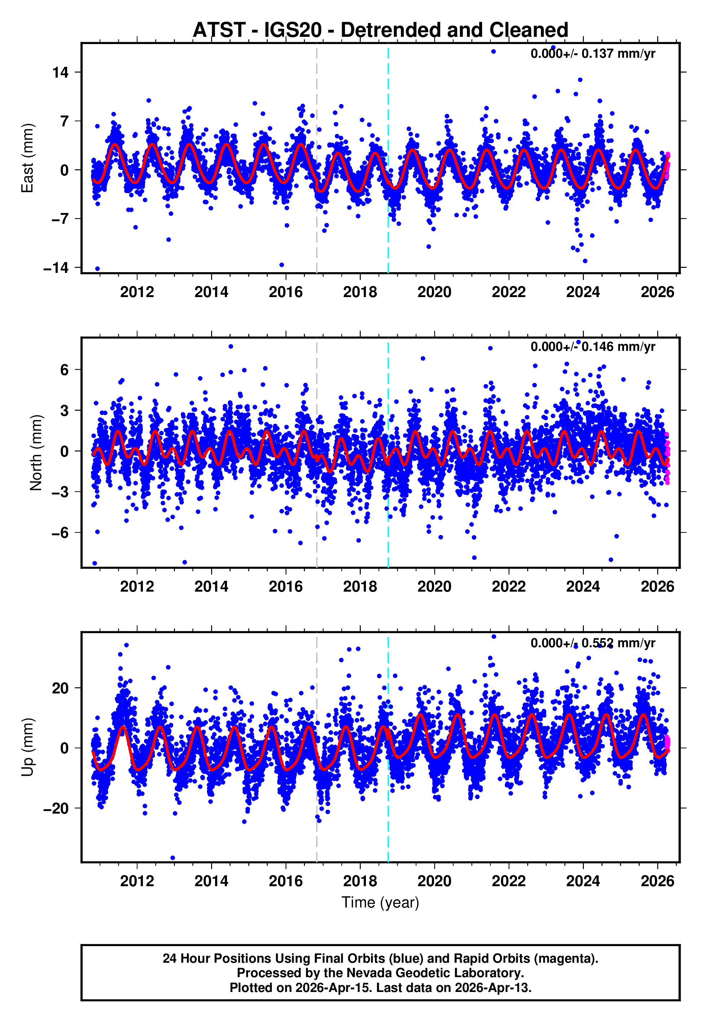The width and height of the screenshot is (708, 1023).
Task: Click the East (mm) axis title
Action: click(27, 158)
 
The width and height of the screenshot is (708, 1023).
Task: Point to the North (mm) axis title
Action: click(35, 453)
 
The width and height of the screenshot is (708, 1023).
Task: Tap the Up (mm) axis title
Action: click(27, 748)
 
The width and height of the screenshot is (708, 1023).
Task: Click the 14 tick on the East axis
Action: click(60, 72)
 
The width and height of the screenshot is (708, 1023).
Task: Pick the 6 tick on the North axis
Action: click(64, 370)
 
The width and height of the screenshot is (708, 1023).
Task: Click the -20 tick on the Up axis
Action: click(56, 808)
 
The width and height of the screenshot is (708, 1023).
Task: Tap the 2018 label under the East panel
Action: click(360, 292)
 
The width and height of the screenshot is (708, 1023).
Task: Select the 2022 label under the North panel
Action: click(508, 587)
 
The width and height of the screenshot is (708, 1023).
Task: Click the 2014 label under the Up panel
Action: click(211, 881)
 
